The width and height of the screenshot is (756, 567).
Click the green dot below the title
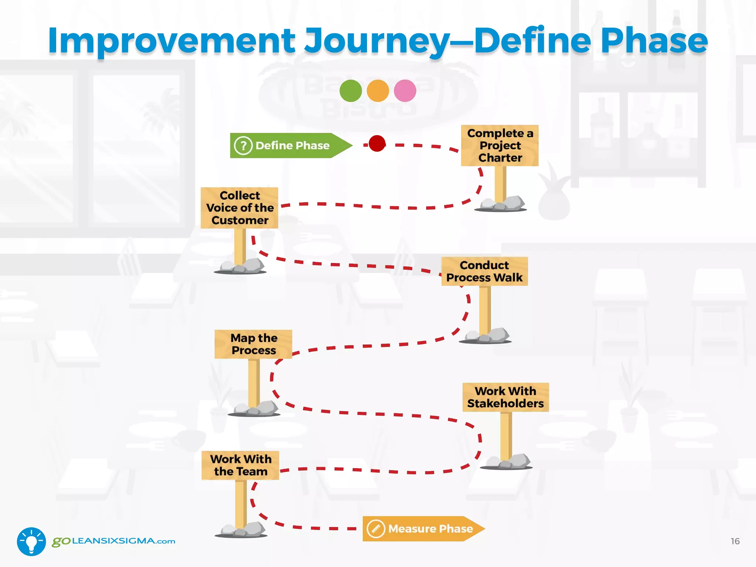tap(350, 91)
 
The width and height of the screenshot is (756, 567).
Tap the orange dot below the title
tap(378, 91)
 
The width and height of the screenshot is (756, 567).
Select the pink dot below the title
tap(405, 91)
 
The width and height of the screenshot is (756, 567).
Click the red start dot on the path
tap(377, 143)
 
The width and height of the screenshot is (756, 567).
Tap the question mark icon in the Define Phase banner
tap(243, 146)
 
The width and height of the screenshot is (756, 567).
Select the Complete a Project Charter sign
tap(500, 145)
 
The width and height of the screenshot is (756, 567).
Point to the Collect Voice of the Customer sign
tap(240, 208)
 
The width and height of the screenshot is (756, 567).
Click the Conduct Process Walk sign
tap(484, 271)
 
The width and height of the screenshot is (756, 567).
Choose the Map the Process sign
tap(254, 344)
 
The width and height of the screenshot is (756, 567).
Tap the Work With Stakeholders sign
tap(505, 397)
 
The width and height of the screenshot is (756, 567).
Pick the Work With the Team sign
tap(240, 465)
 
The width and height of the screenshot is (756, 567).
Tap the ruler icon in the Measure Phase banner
tap(376, 529)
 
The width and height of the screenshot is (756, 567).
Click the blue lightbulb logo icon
tap(31, 541)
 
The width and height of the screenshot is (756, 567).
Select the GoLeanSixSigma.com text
tap(114, 541)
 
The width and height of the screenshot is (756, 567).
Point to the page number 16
tap(735, 541)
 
